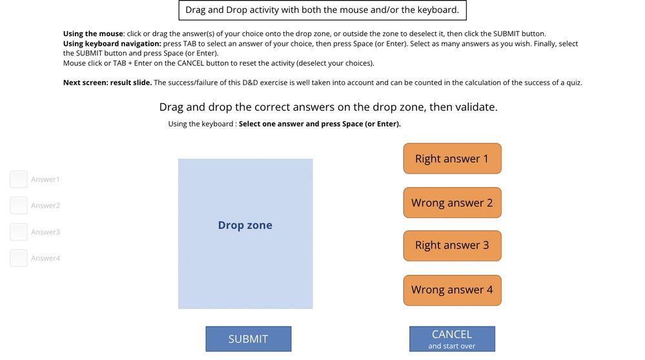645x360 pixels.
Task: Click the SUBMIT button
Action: [248, 339]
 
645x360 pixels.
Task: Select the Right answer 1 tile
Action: [452, 159]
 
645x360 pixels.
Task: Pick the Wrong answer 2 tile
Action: [452, 203]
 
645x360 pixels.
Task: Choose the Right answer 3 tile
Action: [452, 245]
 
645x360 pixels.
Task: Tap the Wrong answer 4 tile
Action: [452, 290]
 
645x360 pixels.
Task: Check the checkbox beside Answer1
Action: [19, 179]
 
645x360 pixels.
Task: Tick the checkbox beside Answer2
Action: [19, 205]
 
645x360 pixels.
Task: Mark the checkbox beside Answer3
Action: [19, 232]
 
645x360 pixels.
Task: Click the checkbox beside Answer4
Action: [19, 258]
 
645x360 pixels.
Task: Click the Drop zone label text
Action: [245, 225]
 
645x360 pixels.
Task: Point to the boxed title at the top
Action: [322, 10]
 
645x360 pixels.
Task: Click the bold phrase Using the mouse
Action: [93, 34]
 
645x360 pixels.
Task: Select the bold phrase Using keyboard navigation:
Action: [112, 43]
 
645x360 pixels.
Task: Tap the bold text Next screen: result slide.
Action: [107, 83]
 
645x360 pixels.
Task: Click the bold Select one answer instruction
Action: [320, 124]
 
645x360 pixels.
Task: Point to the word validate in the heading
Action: [476, 107]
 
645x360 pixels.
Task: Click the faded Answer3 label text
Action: [45, 232]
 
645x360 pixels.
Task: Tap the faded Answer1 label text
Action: [45, 179]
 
